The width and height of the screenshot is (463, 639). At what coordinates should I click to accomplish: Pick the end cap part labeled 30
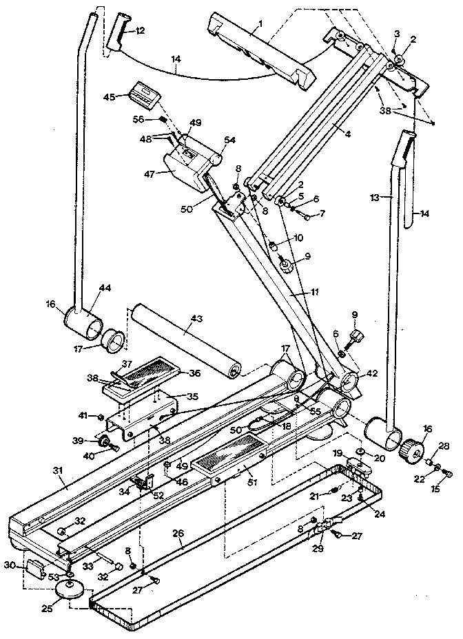(x=34, y=569)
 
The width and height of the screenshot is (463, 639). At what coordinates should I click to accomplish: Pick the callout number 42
(x=372, y=374)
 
